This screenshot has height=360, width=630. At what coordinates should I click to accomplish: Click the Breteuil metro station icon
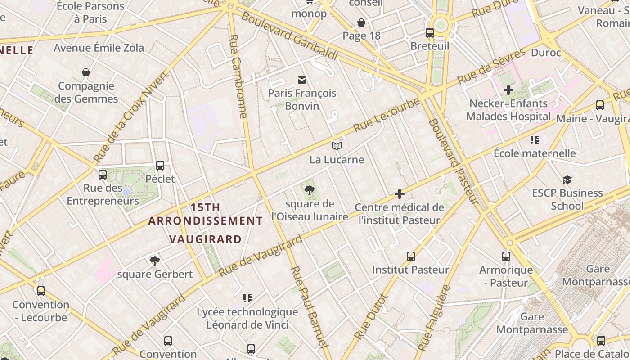430,32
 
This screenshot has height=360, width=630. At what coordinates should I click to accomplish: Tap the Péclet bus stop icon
160,165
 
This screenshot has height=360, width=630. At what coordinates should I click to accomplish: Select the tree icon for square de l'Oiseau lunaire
309,190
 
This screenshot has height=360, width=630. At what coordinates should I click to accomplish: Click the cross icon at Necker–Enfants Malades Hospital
508,90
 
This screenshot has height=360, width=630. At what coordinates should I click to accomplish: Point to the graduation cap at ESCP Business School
567,180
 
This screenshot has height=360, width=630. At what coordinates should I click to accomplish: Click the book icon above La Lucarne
337,146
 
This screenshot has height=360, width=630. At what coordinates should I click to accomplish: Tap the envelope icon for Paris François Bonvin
302,80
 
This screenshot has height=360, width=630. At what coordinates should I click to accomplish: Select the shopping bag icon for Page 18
361,22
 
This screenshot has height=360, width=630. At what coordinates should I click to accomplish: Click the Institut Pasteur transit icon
411,256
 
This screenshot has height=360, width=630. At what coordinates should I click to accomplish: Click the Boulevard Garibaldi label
289,36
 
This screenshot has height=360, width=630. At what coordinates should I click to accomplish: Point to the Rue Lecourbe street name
387,115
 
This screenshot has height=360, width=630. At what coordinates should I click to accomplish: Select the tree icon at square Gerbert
155,261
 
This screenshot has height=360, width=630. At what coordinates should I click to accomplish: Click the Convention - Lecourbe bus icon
41,291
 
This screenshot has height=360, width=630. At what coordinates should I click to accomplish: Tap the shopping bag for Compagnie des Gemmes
86,72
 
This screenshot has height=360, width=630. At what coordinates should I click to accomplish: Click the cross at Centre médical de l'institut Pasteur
399,194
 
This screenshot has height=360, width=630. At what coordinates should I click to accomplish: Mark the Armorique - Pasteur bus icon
506,256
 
